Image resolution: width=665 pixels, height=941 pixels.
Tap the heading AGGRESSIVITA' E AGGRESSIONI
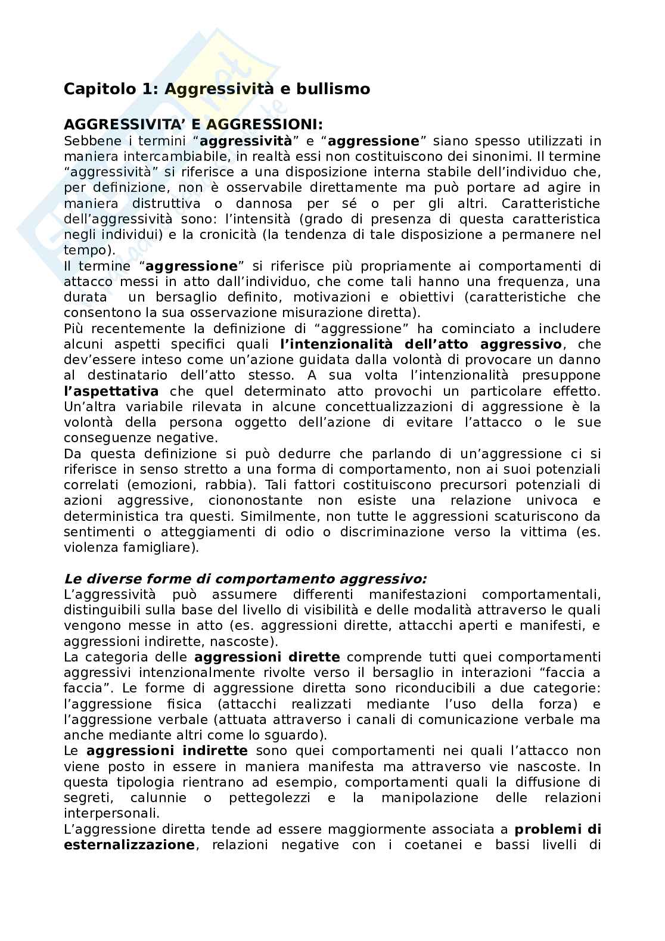point(193,125)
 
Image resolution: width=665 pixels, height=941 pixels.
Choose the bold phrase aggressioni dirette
point(267,657)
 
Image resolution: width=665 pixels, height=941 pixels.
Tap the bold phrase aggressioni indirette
point(166,751)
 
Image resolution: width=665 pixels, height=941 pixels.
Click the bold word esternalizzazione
point(129,845)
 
